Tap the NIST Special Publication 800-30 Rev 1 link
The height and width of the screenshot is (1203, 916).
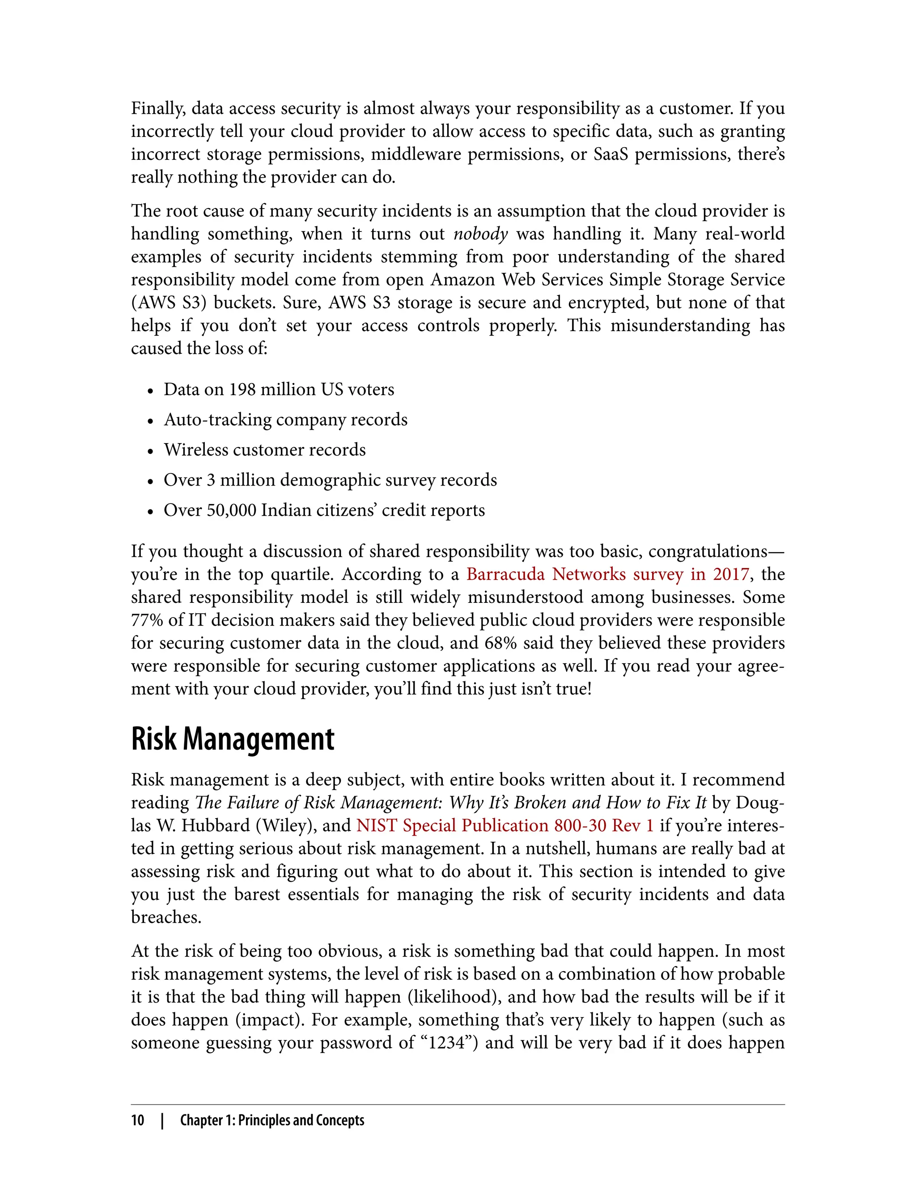pyautogui.click(x=505, y=825)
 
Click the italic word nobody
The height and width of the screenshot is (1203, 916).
pyautogui.click(x=480, y=234)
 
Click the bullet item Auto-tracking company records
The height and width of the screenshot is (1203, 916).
pyautogui.click(x=286, y=419)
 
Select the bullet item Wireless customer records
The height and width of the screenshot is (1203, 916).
pyautogui.click(x=265, y=449)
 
